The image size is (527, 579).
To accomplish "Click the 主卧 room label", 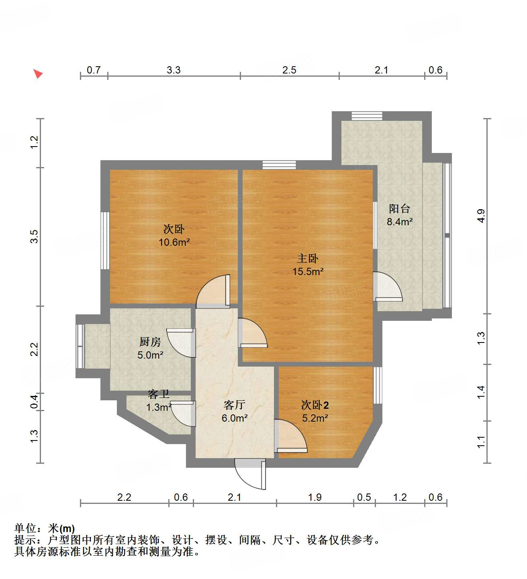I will (x=308, y=258).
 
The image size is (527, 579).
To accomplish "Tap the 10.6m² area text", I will (x=174, y=242).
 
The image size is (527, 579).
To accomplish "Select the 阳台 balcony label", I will (x=399, y=208).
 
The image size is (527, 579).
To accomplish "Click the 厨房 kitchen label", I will (x=150, y=342).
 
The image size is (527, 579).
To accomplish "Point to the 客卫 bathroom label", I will (x=158, y=394).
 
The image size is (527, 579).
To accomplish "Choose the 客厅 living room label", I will (x=234, y=405).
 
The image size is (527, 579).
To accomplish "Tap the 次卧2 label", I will (x=315, y=405).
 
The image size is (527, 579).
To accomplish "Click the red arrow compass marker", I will (x=38, y=73).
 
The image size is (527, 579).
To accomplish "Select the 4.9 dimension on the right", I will (x=481, y=216).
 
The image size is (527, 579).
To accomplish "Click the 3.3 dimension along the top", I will (x=174, y=70).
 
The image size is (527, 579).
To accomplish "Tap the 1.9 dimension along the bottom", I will (x=315, y=497).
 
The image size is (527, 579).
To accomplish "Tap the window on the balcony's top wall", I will (x=367, y=116).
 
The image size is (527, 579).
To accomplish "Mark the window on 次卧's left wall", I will (x=105, y=240).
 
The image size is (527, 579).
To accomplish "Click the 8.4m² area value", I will (x=399, y=222).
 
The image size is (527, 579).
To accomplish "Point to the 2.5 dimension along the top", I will (x=289, y=70).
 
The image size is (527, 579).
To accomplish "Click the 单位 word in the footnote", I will (x=25, y=528).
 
